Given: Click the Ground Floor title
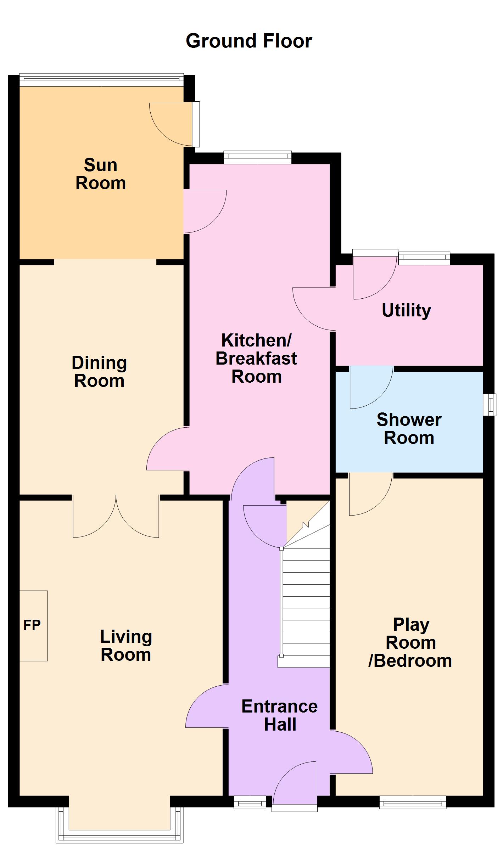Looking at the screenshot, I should coord(249,41).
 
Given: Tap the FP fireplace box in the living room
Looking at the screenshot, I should coord(33,625).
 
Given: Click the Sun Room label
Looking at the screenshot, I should coord(101,174).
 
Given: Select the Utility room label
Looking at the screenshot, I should coord(406,310).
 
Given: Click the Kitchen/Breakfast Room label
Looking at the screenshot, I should coord(256,358).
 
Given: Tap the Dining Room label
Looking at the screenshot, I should coord(99,372).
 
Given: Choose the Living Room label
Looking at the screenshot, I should coord(126,645).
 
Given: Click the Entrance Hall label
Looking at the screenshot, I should coord(279,715).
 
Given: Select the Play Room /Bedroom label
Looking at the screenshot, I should coord(410,643).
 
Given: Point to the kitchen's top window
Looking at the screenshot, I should coord(257,157).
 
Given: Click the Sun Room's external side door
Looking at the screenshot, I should coord(196,124).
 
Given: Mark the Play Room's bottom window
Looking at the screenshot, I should coord(412,802).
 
